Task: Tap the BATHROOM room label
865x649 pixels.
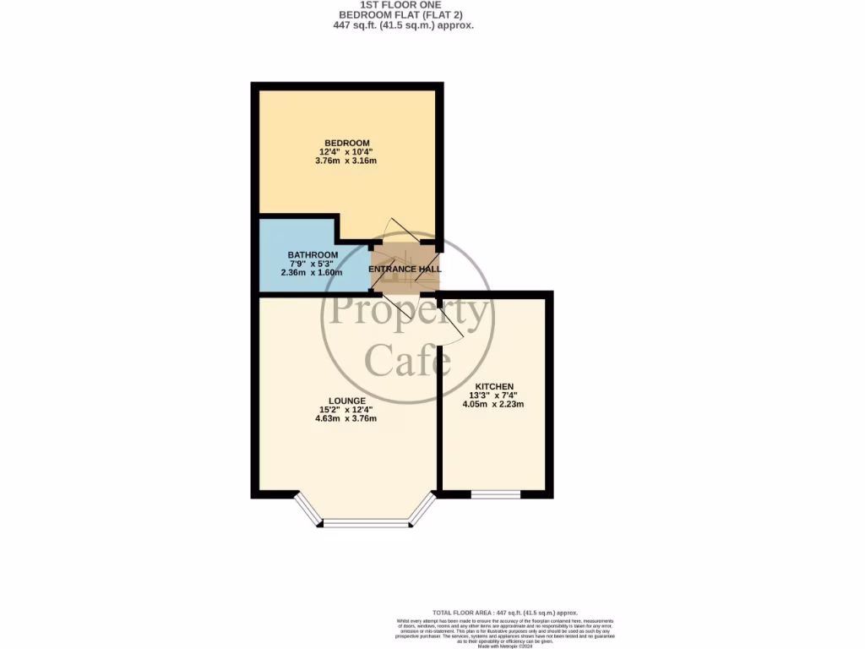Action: click(x=313, y=254)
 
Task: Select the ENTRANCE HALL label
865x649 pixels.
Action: click(x=405, y=270)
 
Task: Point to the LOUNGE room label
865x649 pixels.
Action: click(x=347, y=401)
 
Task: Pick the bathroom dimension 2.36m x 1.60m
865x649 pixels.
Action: click(x=313, y=273)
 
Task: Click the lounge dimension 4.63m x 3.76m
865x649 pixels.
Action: click(x=347, y=418)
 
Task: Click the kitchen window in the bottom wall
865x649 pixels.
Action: click(x=495, y=494)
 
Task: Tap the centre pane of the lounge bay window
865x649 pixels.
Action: click(x=365, y=524)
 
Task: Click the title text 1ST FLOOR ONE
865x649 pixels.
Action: click(x=403, y=5)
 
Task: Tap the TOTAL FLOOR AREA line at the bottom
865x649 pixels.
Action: click(x=504, y=612)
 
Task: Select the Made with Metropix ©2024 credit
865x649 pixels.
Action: click(x=505, y=646)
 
